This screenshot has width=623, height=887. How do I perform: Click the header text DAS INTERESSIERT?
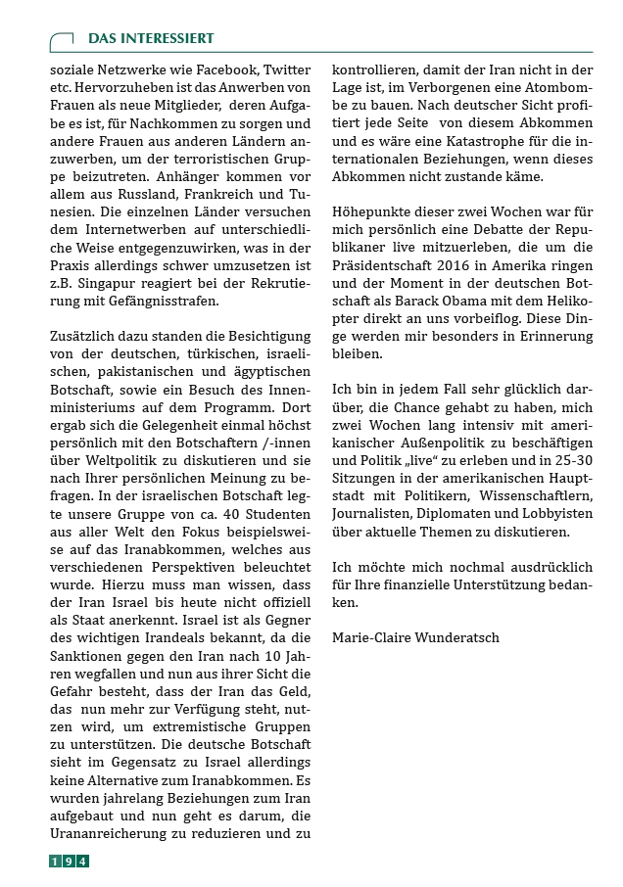(151, 38)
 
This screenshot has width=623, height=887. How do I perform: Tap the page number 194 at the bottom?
(70, 861)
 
